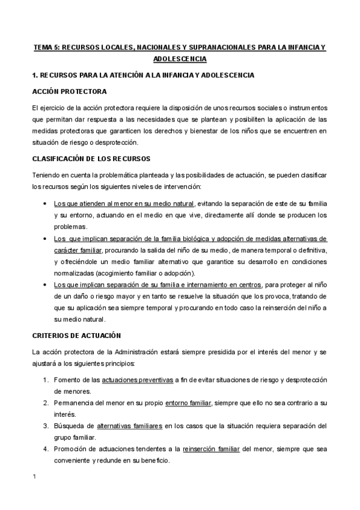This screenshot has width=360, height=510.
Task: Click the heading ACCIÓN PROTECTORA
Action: click(x=69, y=91)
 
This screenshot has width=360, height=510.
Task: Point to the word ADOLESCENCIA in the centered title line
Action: click(x=180, y=59)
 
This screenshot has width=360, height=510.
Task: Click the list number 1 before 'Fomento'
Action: click(x=46, y=380)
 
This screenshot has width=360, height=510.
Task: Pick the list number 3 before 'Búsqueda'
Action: click(x=46, y=426)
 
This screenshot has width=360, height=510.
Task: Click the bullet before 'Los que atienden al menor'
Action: click(x=46, y=204)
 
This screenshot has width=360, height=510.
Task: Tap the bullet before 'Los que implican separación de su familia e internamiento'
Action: click(x=46, y=284)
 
